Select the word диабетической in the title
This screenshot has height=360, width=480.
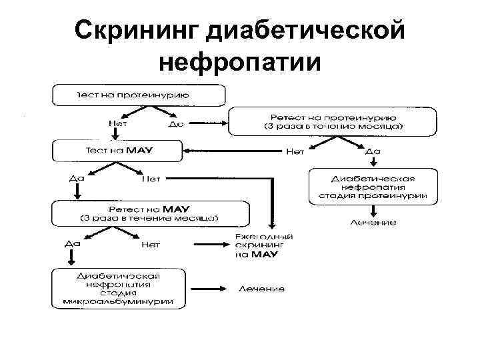coord(305,29)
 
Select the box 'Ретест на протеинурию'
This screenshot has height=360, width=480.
coord(333,121)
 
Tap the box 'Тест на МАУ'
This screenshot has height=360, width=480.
coord(116,150)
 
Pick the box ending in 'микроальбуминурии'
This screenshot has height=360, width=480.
coord(118,288)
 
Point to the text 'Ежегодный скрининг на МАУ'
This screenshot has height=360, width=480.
coord(264,246)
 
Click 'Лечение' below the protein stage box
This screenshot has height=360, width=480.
coord(373,222)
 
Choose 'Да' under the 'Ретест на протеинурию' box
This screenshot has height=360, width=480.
coord(373,151)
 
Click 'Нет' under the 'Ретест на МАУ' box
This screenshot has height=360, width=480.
coord(151,245)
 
